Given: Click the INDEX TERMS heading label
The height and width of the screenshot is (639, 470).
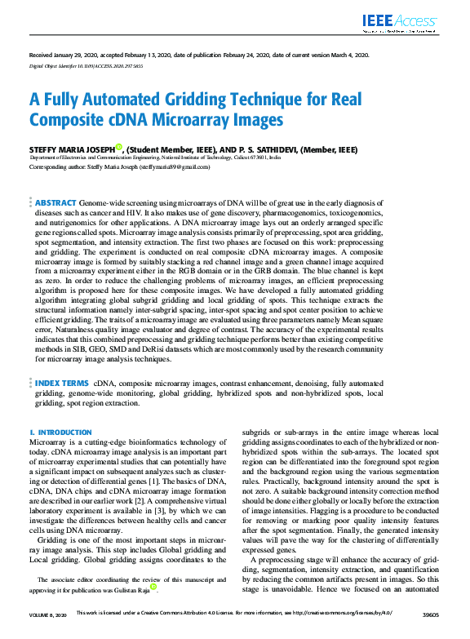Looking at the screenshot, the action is [62, 381].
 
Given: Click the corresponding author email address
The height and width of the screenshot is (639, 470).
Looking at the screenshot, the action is [174, 166].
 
